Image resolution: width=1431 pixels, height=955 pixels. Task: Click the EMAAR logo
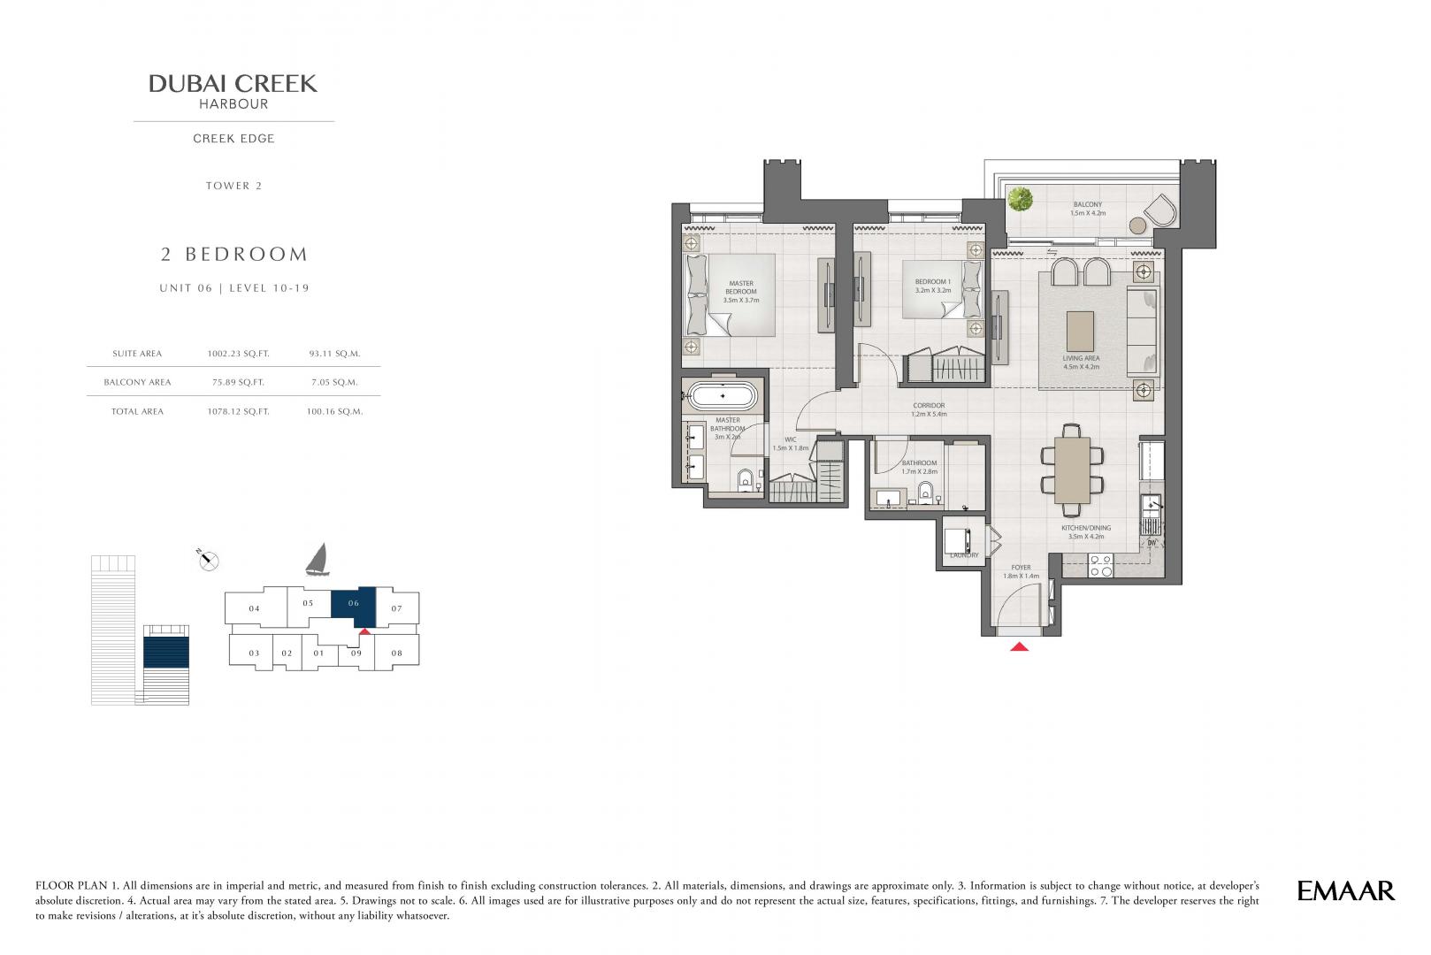[x=1345, y=891]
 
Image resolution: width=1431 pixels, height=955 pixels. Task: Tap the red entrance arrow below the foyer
[x=1019, y=646]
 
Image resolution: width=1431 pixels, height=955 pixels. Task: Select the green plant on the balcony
[x=1021, y=199]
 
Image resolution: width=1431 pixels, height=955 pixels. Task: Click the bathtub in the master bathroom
[x=722, y=396]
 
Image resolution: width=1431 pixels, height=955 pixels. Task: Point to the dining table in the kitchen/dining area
[x=1072, y=470]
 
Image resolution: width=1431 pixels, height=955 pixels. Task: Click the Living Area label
[x=1081, y=363]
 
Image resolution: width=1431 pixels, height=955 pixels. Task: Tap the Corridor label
[x=929, y=409]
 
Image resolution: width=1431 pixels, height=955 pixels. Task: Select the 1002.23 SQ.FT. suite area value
[x=238, y=353]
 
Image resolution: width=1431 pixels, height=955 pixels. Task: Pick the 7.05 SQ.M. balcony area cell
[x=334, y=382]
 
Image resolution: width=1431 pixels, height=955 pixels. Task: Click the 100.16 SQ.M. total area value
[x=334, y=411]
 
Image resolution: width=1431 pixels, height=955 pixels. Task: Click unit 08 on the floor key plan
[x=397, y=653]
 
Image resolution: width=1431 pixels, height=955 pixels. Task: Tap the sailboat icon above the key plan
[x=318, y=560]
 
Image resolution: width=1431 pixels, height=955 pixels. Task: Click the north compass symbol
[x=208, y=561]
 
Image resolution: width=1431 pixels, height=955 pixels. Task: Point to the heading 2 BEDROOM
[x=234, y=255]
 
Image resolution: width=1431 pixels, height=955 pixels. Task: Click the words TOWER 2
[x=233, y=186]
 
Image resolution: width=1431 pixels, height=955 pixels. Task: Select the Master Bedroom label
[x=741, y=291]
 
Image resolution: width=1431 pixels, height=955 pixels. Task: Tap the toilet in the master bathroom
[x=746, y=479]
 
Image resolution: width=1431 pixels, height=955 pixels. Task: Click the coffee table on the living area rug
[x=1080, y=331]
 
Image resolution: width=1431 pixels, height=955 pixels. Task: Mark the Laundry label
[x=964, y=555]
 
